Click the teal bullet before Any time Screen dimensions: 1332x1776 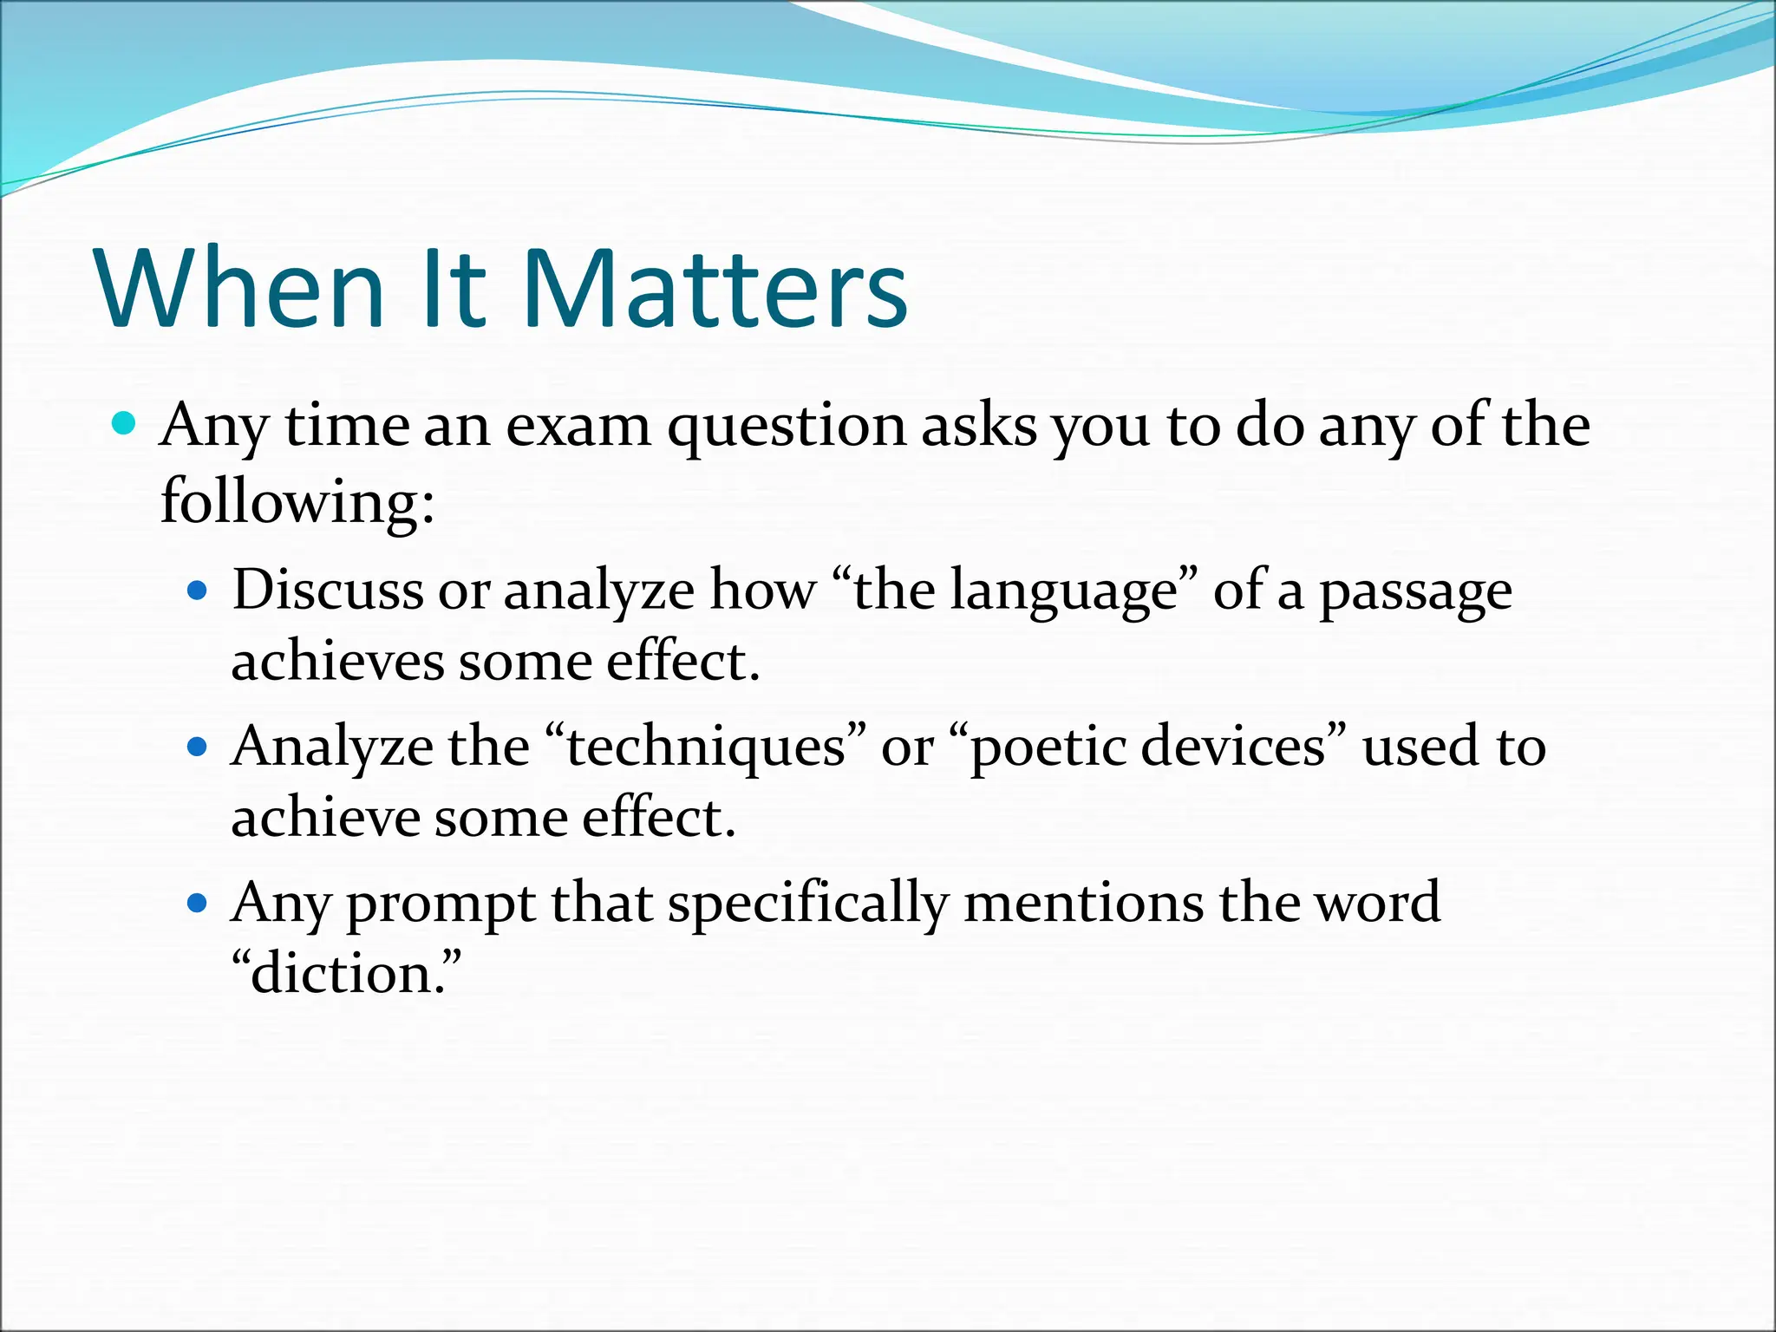pyautogui.click(x=125, y=424)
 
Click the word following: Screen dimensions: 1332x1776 pyautogui.click(x=297, y=503)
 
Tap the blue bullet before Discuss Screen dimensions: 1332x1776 pyautogui.click(x=199, y=591)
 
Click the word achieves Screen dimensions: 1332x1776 pyautogui.click(x=336, y=662)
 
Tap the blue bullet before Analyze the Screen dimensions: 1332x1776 pyautogui.click(x=199, y=747)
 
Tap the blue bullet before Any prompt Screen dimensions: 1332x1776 pyautogui.click(x=199, y=904)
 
